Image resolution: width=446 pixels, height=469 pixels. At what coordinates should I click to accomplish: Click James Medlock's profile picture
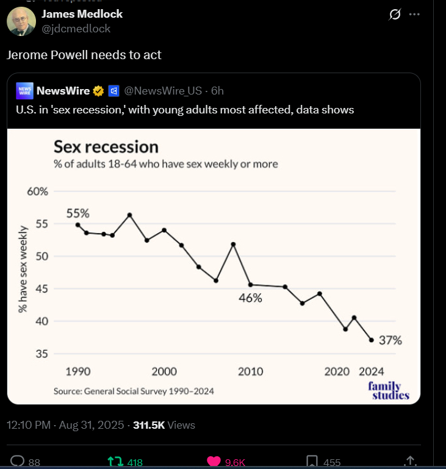(x=21, y=21)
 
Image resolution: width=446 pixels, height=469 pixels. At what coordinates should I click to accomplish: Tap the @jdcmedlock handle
(x=76, y=28)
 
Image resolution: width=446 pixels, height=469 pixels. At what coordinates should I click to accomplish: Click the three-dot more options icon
(x=415, y=14)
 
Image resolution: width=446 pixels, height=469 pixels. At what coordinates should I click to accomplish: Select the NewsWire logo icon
(x=24, y=91)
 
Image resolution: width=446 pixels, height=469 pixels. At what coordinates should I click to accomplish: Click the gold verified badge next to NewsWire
(x=98, y=91)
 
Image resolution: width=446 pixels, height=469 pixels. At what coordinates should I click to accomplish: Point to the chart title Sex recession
(x=106, y=147)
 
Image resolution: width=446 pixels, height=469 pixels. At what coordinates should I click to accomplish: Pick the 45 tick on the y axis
(x=41, y=288)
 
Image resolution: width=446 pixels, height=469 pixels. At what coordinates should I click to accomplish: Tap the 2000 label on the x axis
(x=164, y=371)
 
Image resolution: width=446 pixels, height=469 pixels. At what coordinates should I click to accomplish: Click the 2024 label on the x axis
(x=372, y=371)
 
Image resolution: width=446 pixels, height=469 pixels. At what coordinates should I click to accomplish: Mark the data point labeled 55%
(x=77, y=224)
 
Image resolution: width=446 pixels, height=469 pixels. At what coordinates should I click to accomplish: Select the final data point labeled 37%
(x=371, y=340)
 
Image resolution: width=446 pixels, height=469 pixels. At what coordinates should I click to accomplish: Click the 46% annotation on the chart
(x=250, y=298)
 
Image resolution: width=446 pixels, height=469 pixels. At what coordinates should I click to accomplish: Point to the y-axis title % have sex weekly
(x=23, y=269)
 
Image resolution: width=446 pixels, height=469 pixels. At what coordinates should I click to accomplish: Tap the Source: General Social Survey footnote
(x=134, y=391)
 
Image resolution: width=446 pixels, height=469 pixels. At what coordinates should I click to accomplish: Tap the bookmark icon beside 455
(x=311, y=462)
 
